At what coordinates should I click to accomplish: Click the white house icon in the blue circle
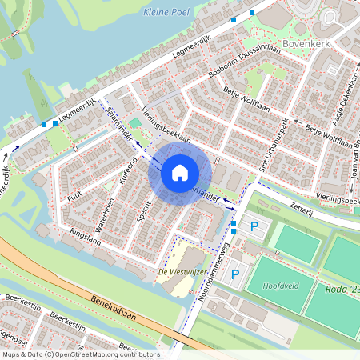(180, 172)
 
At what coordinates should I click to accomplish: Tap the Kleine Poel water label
(163, 12)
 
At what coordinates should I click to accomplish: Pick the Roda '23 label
(343, 290)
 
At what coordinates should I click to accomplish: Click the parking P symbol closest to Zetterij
(254, 226)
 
